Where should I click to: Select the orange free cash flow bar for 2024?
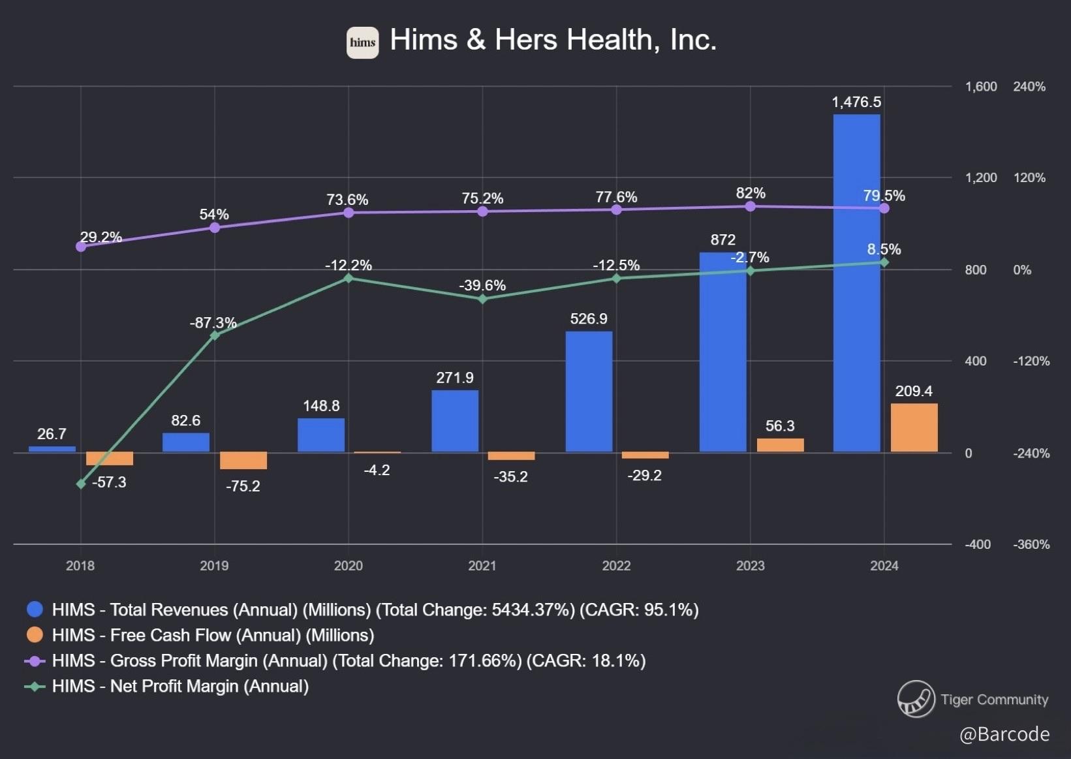tap(914, 427)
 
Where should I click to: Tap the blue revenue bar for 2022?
tap(589, 392)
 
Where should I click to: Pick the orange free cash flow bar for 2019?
tap(243, 460)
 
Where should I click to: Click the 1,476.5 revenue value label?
tap(856, 102)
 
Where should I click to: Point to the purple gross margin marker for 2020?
tap(349, 212)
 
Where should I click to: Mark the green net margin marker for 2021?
tap(482, 299)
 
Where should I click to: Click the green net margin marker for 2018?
tap(81, 484)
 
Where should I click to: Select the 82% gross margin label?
tap(751, 193)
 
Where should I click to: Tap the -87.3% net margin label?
tap(213, 322)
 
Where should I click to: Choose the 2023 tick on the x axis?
tap(750, 566)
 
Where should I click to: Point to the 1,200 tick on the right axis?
tap(981, 178)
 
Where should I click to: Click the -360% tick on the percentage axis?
tap(1031, 544)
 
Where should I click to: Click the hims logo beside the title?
tap(362, 43)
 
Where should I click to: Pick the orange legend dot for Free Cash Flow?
tap(35, 635)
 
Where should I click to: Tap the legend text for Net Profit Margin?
tap(180, 686)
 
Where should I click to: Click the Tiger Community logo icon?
tap(916, 699)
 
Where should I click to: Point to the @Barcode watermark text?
tap(1004, 734)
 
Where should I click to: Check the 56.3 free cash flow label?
tap(780, 426)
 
